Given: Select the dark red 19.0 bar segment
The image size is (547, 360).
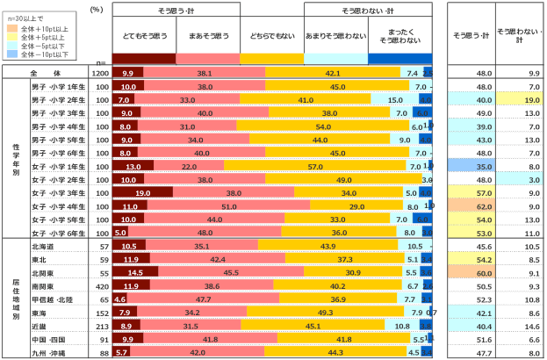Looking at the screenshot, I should [x=146, y=192].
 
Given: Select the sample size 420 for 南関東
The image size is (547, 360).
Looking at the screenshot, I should [x=102, y=286].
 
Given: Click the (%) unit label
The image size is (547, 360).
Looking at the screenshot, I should [x=99, y=9].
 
